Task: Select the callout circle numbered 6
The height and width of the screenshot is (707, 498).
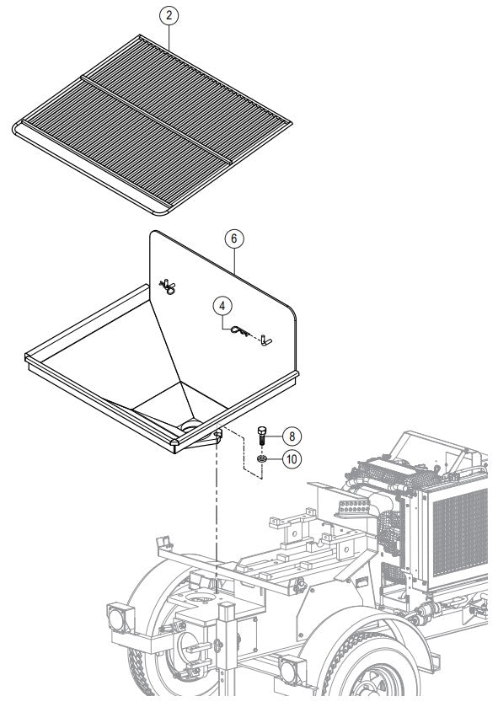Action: [235, 238]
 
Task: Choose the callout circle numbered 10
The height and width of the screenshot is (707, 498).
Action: [289, 459]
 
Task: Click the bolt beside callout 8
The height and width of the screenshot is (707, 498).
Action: [262, 437]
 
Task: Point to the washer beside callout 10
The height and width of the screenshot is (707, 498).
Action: [262, 458]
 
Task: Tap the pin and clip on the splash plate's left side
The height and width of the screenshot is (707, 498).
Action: [168, 288]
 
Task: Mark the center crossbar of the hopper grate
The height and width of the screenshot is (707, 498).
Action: [156, 118]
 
